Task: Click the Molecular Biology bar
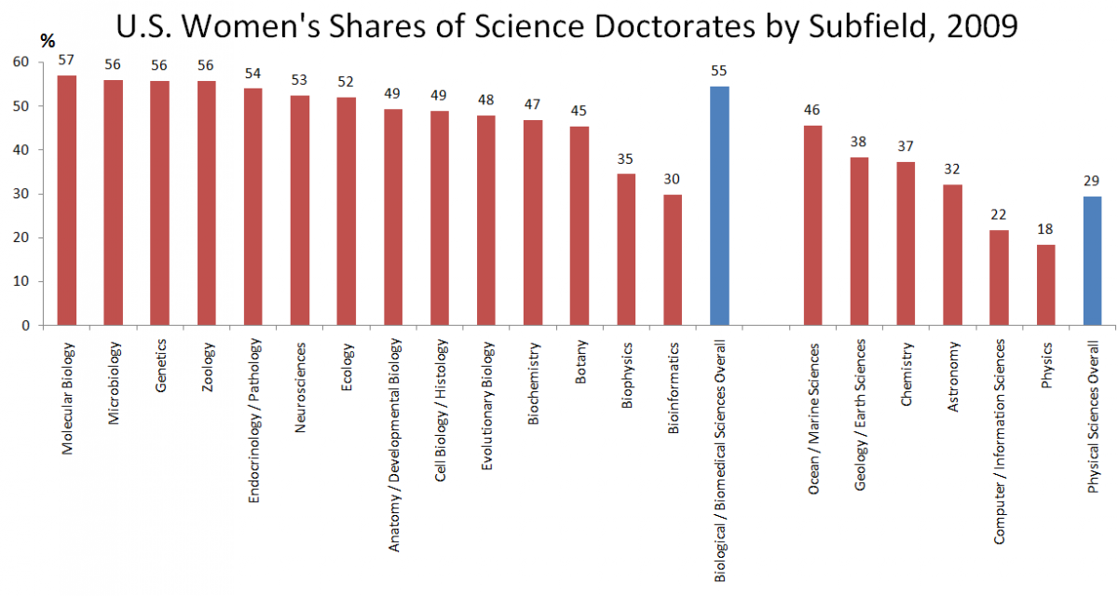(67, 200)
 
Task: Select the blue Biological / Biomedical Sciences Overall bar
(719, 206)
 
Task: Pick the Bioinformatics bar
(673, 260)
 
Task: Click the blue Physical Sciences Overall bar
(1092, 261)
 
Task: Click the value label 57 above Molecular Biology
(66, 61)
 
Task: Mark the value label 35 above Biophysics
(626, 158)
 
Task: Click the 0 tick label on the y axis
(25, 326)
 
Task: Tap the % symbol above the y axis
(48, 41)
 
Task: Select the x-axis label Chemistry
(906, 362)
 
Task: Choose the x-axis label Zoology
(207, 359)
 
